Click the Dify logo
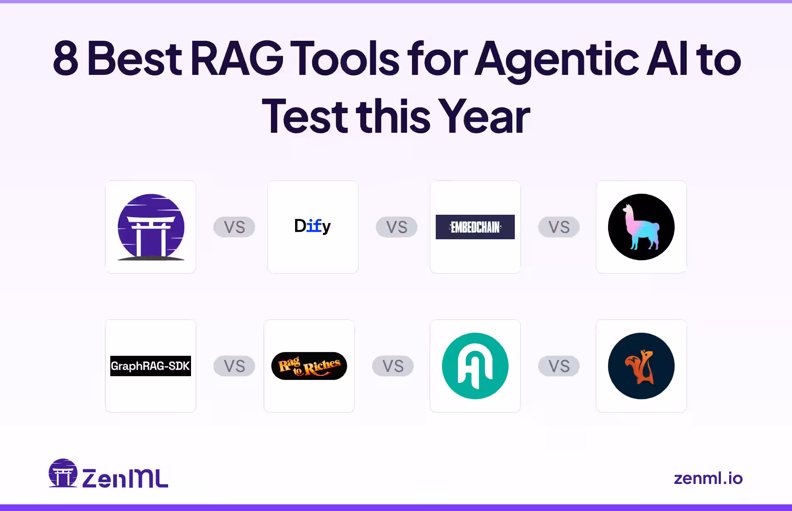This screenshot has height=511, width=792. point(312,226)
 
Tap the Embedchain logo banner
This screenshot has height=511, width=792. point(475,227)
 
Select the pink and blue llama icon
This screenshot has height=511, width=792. point(641,227)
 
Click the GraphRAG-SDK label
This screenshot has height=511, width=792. point(150,366)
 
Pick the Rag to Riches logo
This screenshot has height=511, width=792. point(309,366)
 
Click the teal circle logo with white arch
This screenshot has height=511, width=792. point(475,366)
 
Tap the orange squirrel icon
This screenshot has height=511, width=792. point(641,366)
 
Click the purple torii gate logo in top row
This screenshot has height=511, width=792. point(151,227)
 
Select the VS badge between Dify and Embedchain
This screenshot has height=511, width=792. point(396,227)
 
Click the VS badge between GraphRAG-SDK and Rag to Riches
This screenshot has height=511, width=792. point(234,366)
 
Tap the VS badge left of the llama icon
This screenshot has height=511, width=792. point(559,227)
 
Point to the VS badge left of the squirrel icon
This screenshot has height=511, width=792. point(559,366)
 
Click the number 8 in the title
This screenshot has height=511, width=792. point(66,59)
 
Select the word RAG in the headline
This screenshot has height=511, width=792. point(237,59)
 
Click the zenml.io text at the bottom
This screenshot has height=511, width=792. point(708,478)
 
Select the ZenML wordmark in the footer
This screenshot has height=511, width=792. point(125,478)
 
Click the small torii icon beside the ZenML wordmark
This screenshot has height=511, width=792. point(63,473)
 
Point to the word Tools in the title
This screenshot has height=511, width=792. point(345,59)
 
